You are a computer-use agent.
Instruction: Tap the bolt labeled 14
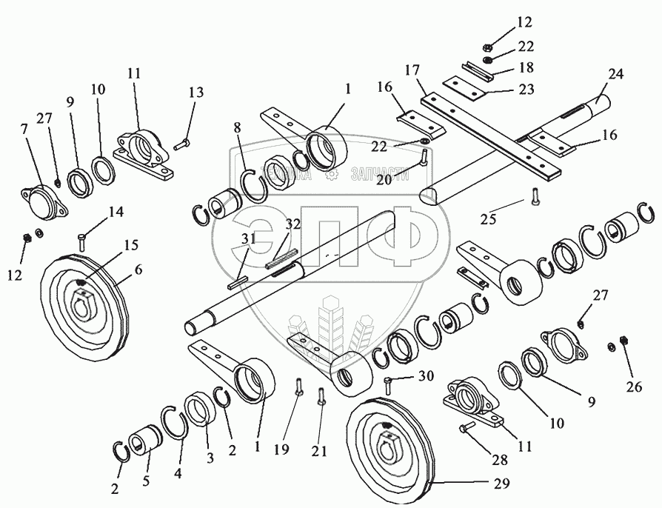[82, 240]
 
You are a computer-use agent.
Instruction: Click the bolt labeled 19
[298, 387]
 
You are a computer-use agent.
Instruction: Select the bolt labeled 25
[533, 196]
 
